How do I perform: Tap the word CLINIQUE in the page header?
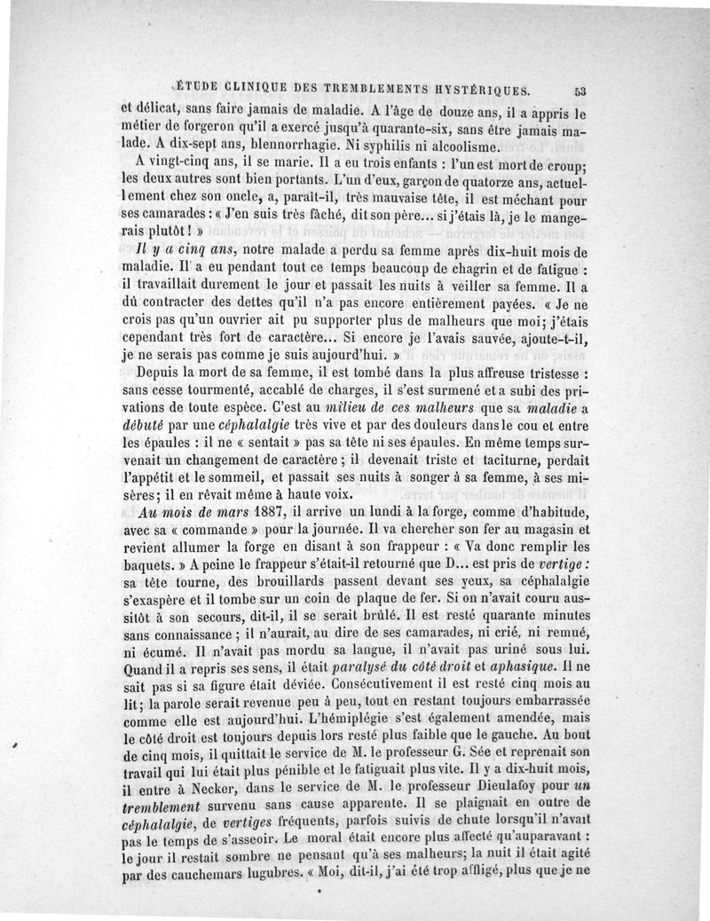256,89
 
